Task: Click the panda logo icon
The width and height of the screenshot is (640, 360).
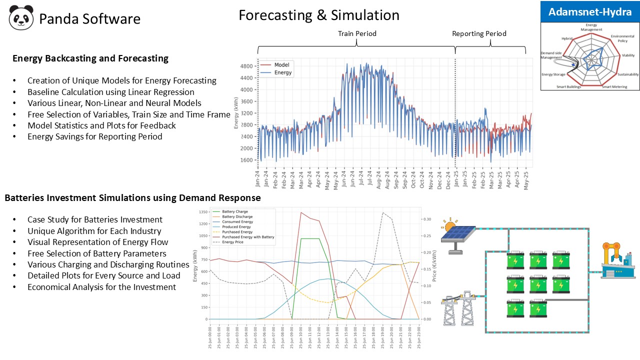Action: click(21, 17)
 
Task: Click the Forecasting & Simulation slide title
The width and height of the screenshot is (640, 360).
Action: click(318, 15)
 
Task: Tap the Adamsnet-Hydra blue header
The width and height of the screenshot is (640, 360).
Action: click(590, 12)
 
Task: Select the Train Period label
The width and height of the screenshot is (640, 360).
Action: click(357, 33)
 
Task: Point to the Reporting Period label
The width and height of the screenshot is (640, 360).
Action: click(479, 33)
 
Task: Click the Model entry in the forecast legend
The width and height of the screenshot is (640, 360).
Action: click(281, 65)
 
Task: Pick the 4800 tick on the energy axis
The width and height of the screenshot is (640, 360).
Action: click(247, 66)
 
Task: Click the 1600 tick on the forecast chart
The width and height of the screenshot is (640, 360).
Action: click(247, 160)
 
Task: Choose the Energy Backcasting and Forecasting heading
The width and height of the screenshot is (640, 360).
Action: click(90, 58)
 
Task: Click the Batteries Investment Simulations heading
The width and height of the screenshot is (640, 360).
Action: click(132, 198)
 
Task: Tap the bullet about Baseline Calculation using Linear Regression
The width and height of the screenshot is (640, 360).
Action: click(110, 92)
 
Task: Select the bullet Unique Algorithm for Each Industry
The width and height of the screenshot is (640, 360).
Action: click(94, 231)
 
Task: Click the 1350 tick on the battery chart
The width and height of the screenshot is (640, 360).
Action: click(202, 212)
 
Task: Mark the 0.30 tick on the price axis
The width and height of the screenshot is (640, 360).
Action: click(427, 219)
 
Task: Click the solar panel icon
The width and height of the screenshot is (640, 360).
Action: click(457, 234)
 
